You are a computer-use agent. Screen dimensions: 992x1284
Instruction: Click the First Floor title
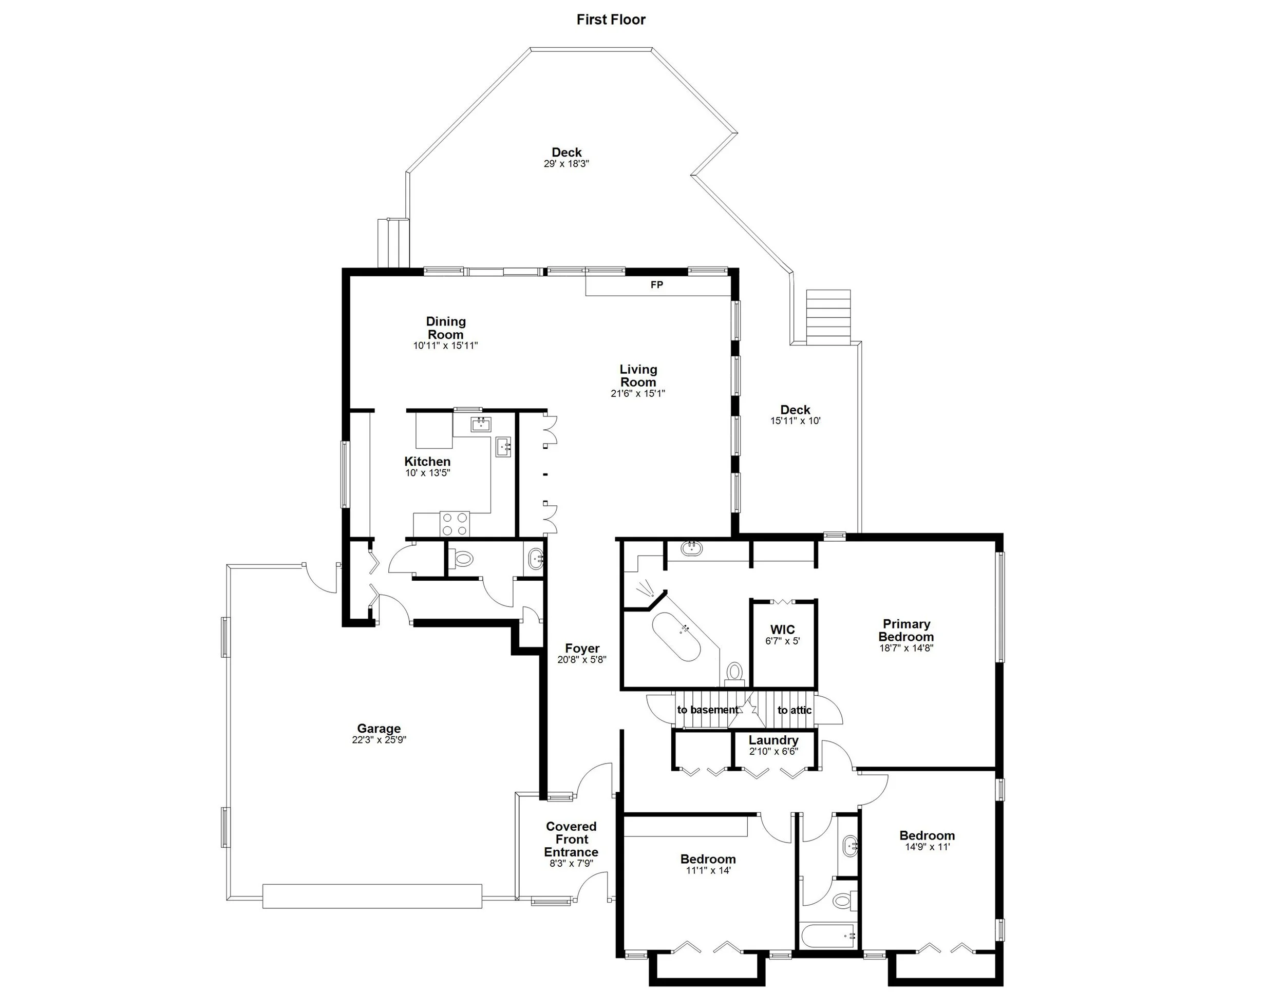point(611,20)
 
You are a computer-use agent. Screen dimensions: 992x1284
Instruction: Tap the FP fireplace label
point(657,285)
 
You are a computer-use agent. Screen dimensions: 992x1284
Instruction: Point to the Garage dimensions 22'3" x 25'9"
point(379,740)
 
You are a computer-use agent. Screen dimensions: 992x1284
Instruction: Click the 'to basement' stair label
point(707,710)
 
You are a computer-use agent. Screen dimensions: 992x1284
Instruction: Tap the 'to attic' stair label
point(794,711)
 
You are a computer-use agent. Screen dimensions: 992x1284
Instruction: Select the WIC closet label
point(783,630)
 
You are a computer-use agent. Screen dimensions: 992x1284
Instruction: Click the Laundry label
point(773,740)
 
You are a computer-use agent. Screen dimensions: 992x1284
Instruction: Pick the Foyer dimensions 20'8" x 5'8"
point(582,660)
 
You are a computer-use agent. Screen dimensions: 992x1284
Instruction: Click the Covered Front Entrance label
point(571,839)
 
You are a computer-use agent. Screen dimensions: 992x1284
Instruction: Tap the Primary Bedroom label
point(906,630)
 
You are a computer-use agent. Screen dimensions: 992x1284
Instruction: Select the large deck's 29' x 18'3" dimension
point(566,164)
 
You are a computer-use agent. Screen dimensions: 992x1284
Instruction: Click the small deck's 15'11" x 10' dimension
point(795,421)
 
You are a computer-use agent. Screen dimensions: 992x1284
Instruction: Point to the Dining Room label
point(446,328)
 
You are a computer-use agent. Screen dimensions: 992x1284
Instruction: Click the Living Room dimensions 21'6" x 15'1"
point(638,394)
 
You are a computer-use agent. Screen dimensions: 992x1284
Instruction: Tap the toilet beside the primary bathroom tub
point(734,672)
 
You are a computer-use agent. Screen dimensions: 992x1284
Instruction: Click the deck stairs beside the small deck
point(828,317)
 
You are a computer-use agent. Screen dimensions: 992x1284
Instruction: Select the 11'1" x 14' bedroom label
point(708,859)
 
